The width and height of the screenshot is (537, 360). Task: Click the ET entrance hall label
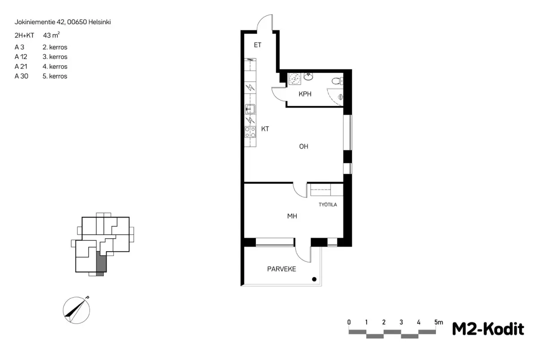point(257,45)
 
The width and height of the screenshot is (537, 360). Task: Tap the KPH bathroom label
point(305,94)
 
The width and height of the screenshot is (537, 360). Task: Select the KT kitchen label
point(265,129)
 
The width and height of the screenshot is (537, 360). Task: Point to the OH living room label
point(303,146)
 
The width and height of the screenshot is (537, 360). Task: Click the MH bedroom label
point(292,216)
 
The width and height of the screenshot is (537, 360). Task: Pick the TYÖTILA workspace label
point(328,205)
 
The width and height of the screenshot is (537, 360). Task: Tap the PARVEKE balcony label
point(281,269)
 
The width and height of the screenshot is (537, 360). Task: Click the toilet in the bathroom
point(337,81)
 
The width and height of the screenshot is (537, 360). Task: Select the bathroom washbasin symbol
point(308,77)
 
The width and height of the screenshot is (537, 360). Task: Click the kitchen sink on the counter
point(250,109)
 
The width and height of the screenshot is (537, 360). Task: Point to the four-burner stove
point(250,132)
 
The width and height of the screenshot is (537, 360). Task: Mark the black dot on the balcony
point(314,279)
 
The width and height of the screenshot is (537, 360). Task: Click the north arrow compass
point(77,310)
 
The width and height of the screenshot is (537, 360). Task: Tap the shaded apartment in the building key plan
point(101,263)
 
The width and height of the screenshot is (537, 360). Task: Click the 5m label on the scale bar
point(439,322)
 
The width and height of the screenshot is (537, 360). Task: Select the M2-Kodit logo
point(488,329)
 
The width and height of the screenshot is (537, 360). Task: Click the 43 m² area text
point(51,35)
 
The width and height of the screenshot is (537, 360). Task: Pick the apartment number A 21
point(21,66)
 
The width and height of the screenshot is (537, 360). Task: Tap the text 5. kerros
point(55,76)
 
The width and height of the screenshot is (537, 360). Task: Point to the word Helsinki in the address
point(99,22)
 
